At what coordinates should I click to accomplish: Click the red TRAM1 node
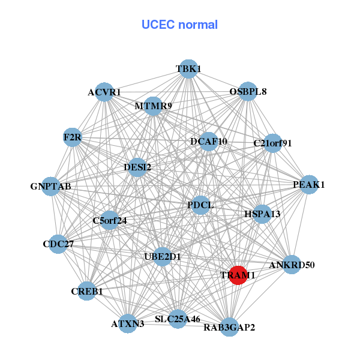[238, 275]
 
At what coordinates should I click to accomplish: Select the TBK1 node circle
[188, 69]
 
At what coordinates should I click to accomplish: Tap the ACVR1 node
[104, 92]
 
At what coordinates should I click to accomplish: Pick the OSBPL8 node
[248, 92]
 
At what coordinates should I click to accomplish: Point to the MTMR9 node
[153, 106]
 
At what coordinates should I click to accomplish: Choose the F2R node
[73, 138]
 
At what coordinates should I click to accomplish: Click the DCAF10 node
[208, 142]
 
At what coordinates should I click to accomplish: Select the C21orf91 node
[272, 143]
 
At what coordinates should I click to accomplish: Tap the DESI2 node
[137, 167]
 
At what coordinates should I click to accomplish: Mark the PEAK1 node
[304, 184]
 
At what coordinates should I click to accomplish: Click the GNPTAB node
[51, 187]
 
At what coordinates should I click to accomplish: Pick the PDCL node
[200, 205]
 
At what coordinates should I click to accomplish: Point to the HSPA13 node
[262, 214]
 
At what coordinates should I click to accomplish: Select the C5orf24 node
[110, 220]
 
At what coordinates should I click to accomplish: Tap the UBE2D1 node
[163, 257]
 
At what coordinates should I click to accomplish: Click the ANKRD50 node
[292, 265]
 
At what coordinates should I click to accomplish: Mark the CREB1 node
[87, 291]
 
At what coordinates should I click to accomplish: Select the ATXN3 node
[127, 323]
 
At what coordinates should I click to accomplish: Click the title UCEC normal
[179, 25]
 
